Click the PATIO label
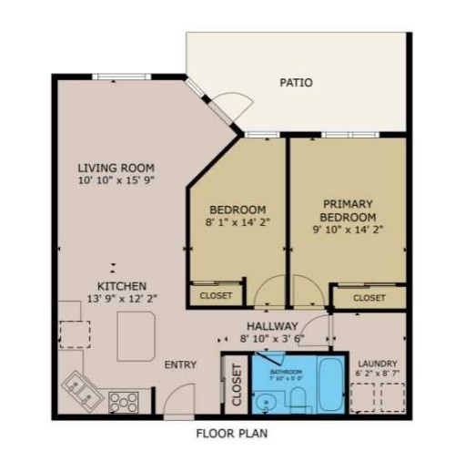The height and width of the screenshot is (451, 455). click(297, 83)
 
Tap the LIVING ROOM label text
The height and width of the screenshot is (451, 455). click(116, 168)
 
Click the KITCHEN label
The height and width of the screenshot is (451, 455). click(122, 286)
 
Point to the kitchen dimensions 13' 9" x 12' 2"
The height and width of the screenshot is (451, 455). click(122, 299)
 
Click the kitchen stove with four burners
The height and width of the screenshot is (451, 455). click(123, 399)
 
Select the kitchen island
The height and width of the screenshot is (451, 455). click(137, 333)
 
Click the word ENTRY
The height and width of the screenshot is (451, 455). click(180, 365)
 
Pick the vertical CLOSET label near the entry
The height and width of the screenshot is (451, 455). click(236, 384)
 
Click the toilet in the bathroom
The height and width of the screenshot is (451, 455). click(296, 397)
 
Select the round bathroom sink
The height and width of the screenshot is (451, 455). click(267, 400)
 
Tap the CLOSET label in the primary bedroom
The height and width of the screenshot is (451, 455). click(369, 298)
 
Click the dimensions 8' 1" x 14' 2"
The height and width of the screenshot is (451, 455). click(238, 220)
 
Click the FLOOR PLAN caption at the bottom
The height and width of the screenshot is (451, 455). click(232, 433)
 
